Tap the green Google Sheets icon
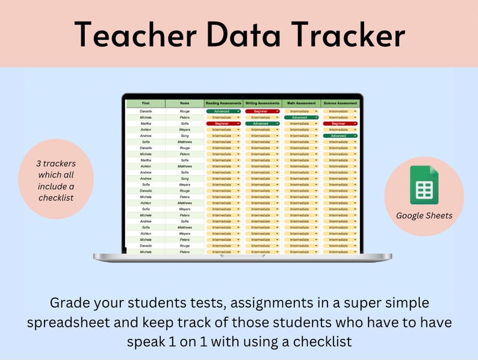pyautogui.click(x=424, y=185)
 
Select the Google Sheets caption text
pyautogui.click(x=424, y=215)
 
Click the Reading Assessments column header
pyautogui.click(x=223, y=103)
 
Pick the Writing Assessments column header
pyautogui.click(x=262, y=103)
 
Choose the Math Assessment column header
pyautogui.click(x=301, y=103)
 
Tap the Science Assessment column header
pyautogui.click(x=340, y=103)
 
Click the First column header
pyautogui.click(x=146, y=103)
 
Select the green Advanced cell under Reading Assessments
pyautogui.click(x=223, y=111)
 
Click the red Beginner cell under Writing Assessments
pyautogui.click(x=262, y=111)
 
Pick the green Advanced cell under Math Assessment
pyautogui.click(x=301, y=117)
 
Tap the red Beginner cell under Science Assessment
pyautogui.click(x=340, y=123)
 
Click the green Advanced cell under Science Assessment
pyautogui.click(x=340, y=135)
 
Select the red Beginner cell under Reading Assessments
pyautogui.click(x=223, y=123)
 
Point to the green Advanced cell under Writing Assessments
pyautogui.click(x=262, y=123)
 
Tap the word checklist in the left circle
pyautogui.click(x=56, y=197)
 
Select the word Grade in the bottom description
pyautogui.click(x=71, y=302)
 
